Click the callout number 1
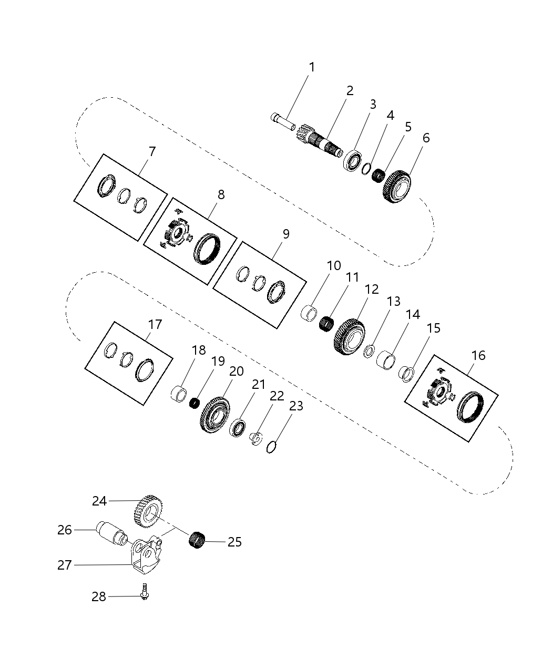click(312, 67)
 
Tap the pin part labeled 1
click(283, 120)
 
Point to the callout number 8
click(221, 194)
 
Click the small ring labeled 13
click(369, 351)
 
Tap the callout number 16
click(478, 355)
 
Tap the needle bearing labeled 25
click(196, 539)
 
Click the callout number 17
click(155, 324)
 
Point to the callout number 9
click(286, 234)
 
